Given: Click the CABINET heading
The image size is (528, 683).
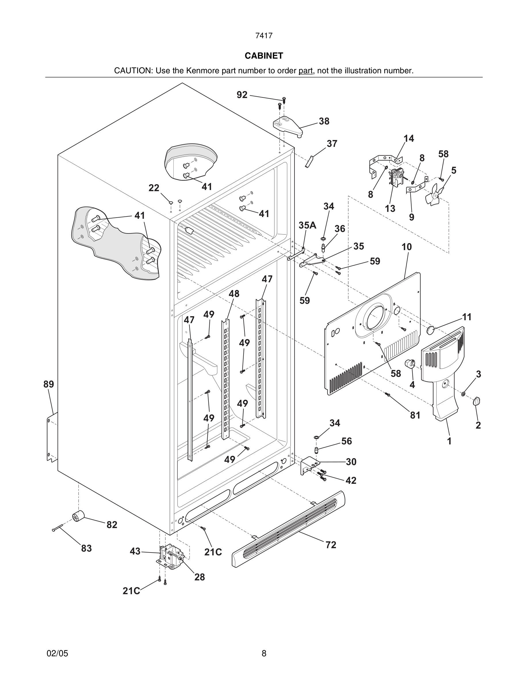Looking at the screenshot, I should coord(264,56).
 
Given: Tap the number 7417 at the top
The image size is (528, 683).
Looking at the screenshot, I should coord(264,36).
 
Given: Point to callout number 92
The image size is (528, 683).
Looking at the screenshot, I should coord(242,95).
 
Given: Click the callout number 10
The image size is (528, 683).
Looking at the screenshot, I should coord(407,247).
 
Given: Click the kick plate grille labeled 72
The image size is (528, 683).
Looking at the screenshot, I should coord(288,529).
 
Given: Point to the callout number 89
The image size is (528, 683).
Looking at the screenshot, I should coord(49,384).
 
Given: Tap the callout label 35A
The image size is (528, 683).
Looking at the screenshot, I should coord(307,225).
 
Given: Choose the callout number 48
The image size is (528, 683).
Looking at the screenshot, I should coord(234,294).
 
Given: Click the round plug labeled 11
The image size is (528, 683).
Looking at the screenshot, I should coord(431,329).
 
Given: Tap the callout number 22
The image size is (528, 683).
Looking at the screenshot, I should coord(154,188).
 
